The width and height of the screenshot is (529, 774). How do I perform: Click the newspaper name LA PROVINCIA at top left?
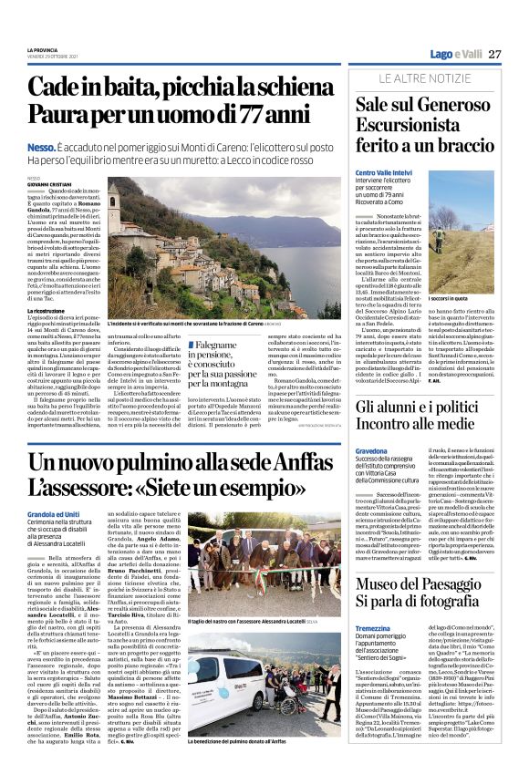pos(42,50)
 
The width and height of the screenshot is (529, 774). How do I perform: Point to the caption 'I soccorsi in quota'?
pos(473,273)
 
